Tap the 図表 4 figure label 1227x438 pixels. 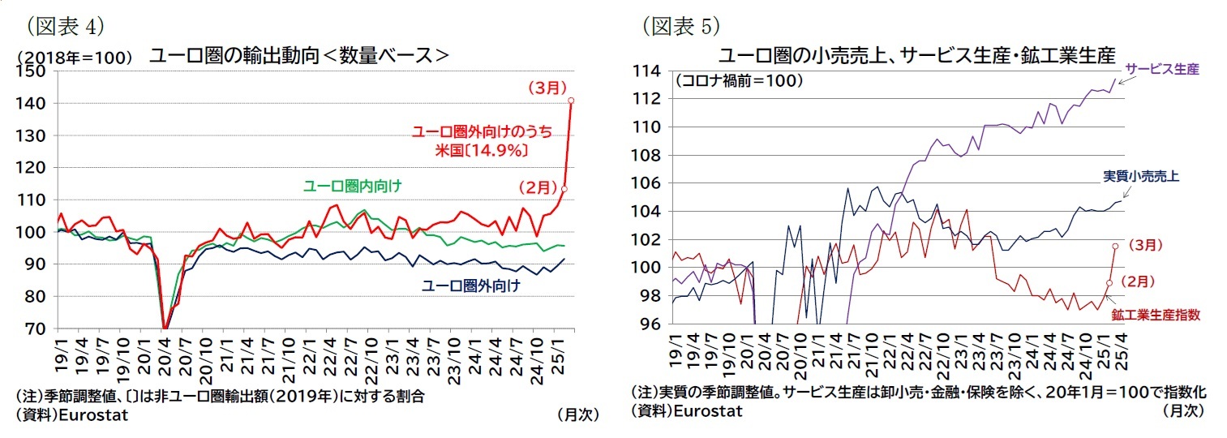point(66,26)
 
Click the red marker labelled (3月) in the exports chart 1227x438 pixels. point(571,101)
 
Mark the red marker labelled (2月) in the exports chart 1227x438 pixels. point(564,188)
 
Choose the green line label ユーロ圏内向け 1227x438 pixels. point(352,187)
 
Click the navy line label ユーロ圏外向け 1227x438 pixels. point(470,286)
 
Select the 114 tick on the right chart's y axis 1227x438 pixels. point(650,71)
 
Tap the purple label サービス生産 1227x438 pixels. point(1161,70)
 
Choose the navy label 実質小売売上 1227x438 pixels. point(1140,174)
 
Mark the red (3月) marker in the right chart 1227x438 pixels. point(1116,246)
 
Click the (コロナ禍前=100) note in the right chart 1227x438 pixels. point(738,81)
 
